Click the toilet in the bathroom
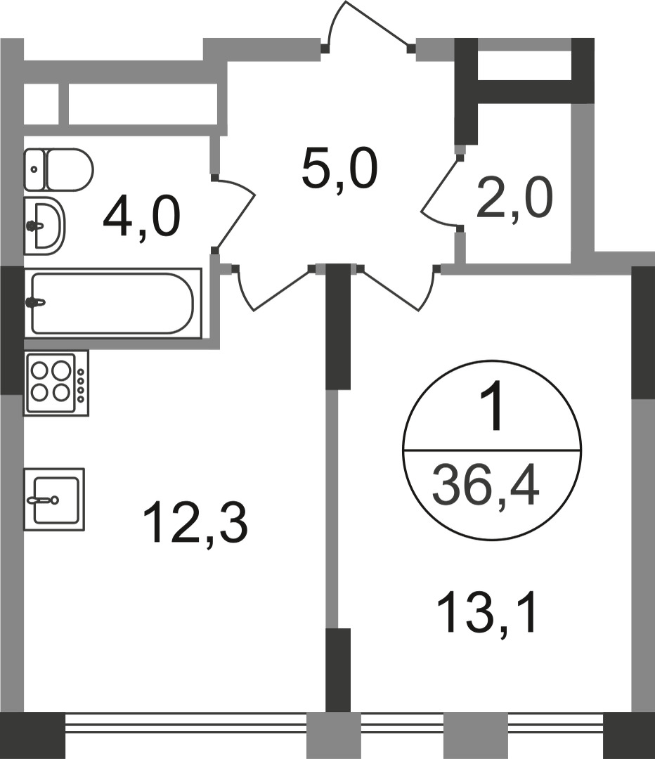(x=60, y=169)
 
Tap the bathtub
(x=112, y=303)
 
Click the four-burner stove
(x=56, y=383)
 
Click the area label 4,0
(x=141, y=217)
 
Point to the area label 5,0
(x=339, y=170)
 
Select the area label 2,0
(x=514, y=198)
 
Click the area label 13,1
(x=486, y=612)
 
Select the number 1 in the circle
(x=491, y=411)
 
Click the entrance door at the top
(x=367, y=28)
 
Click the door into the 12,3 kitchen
(x=271, y=292)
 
